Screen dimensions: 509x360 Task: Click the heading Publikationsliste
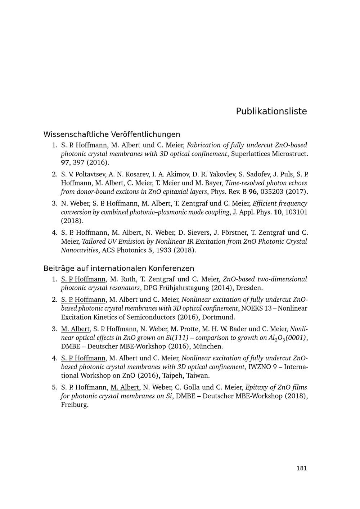click(271, 111)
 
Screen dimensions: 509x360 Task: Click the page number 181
click(302, 468)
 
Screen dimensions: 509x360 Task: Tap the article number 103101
click(296, 212)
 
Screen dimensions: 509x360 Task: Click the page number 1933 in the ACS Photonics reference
click(164, 250)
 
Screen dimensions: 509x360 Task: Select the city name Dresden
click(250, 288)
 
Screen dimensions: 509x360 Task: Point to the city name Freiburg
click(75, 405)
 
